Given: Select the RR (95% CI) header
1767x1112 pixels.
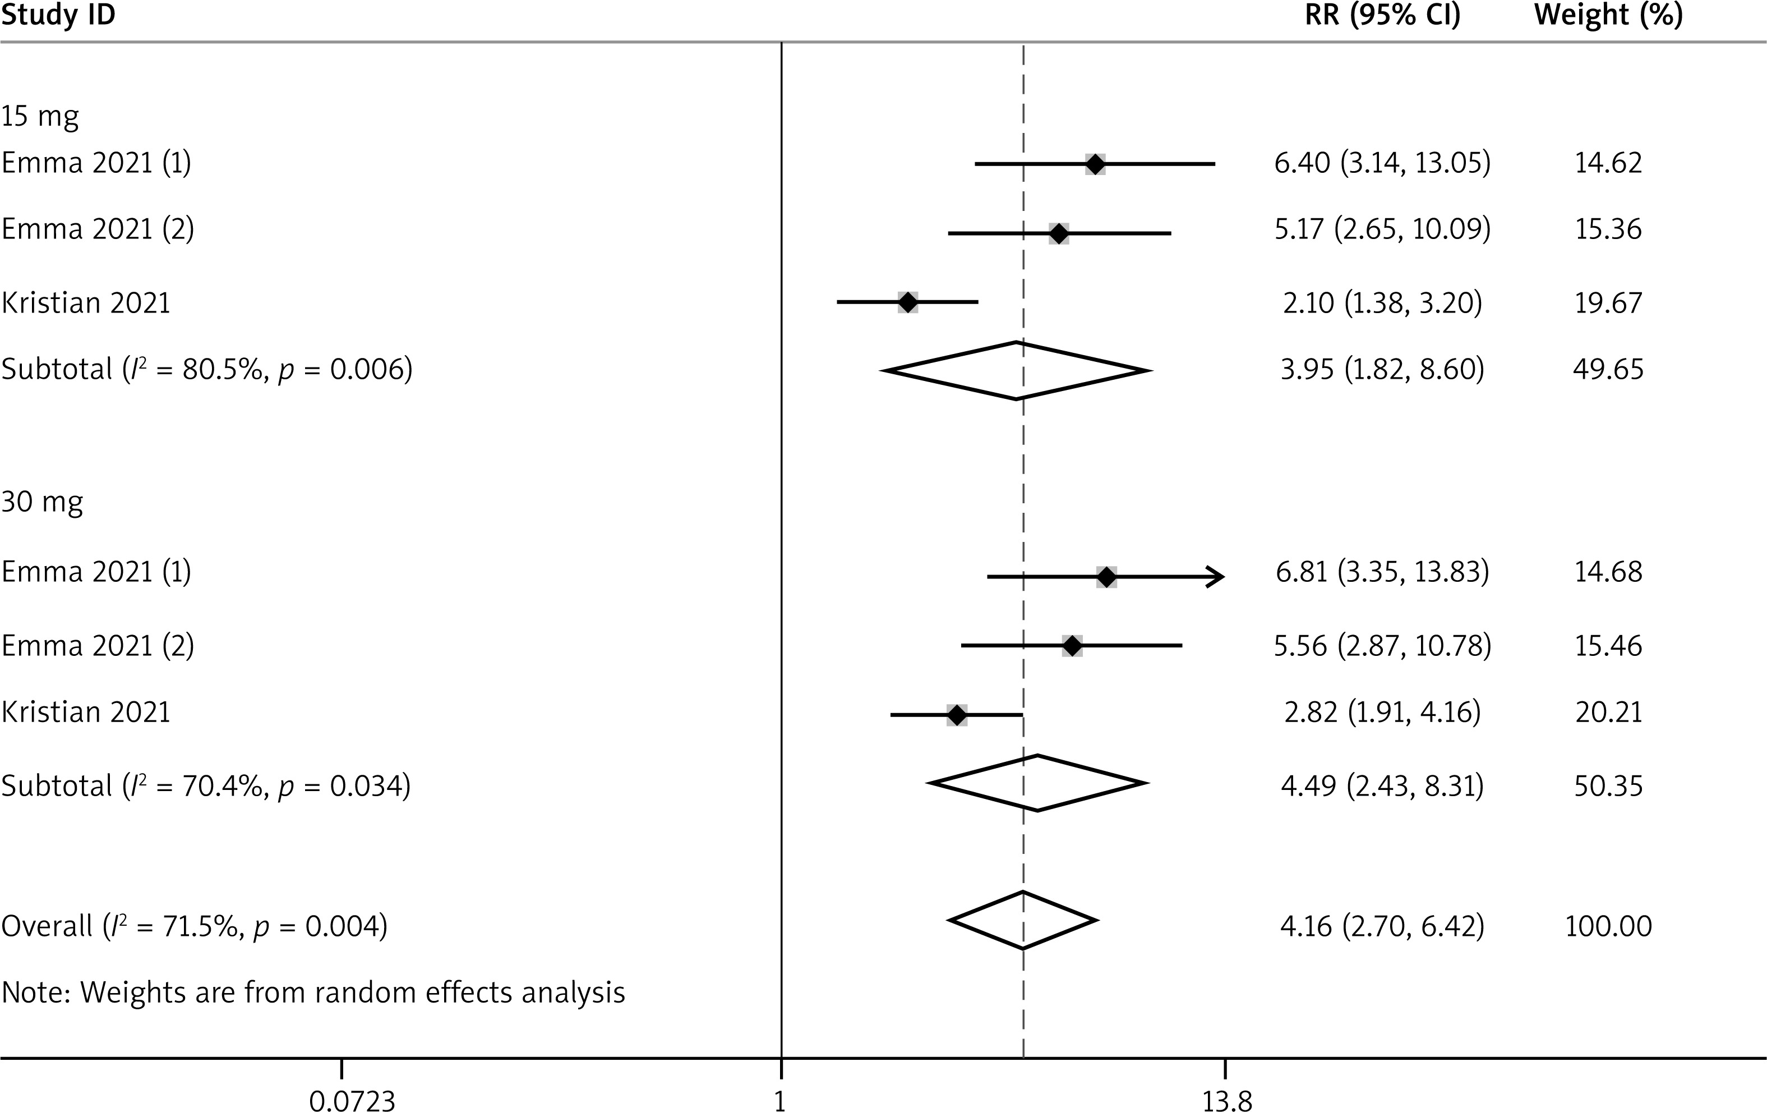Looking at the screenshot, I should (x=1382, y=15).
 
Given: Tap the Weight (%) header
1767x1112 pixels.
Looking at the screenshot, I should (x=1608, y=15).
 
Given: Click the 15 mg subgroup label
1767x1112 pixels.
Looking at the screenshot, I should (x=40, y=117).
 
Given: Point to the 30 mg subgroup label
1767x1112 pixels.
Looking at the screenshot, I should (x=42, y=502).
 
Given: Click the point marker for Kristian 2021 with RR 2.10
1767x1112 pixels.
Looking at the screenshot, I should (x=908, y=302).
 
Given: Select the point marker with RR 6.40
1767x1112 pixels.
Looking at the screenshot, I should (x=1095, y=164).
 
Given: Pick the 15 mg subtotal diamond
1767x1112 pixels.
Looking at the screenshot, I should (x=1016, y=371).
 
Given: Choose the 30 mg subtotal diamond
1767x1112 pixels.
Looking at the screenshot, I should (x=1037, y=783).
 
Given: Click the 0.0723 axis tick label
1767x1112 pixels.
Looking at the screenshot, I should (x=352, y=1101).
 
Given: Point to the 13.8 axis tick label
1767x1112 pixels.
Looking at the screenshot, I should (x=1227, y=1101).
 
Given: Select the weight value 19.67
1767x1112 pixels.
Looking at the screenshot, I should (x=1608, y=302).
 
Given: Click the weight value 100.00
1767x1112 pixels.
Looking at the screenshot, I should (x=1608, y=926).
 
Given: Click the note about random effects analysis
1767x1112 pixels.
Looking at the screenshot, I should (x=313, y=992).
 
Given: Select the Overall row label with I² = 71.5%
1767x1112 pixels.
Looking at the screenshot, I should (x=195, y=926).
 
